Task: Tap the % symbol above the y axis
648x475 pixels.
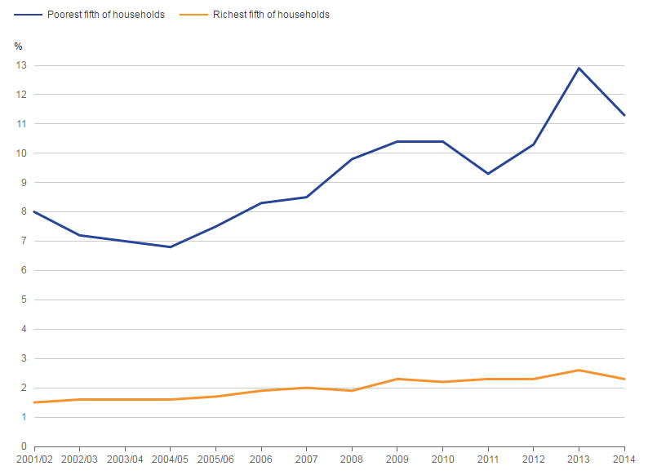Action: tap(18, 47)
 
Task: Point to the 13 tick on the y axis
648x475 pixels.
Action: tap(22, 65)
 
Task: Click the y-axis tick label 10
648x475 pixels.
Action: tap(22, 153)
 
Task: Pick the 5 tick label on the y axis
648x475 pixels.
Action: tap(24, 300)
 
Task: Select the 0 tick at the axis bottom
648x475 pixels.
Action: tap(24, 446)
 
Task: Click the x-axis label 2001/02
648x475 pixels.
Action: tap(34, 460)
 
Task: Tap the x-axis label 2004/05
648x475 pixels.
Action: tap(171, 460)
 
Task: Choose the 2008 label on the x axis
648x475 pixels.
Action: tap(352, 460)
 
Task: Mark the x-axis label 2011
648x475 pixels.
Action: tap(488, 460)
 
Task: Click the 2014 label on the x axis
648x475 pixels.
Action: tap(624, 460)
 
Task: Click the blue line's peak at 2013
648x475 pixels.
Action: tap(579, 68)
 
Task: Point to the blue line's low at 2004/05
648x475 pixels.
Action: tap(171, 246)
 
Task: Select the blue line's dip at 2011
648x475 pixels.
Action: tap(488, 174)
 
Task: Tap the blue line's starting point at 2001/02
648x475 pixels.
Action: tap(35, 211)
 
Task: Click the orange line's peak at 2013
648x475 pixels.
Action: tap(579, 370)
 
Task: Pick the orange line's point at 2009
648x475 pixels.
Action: tap(397, 379)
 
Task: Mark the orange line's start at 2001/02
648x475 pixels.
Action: tap(35, 402)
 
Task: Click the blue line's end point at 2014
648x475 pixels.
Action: tap(624, 115)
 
